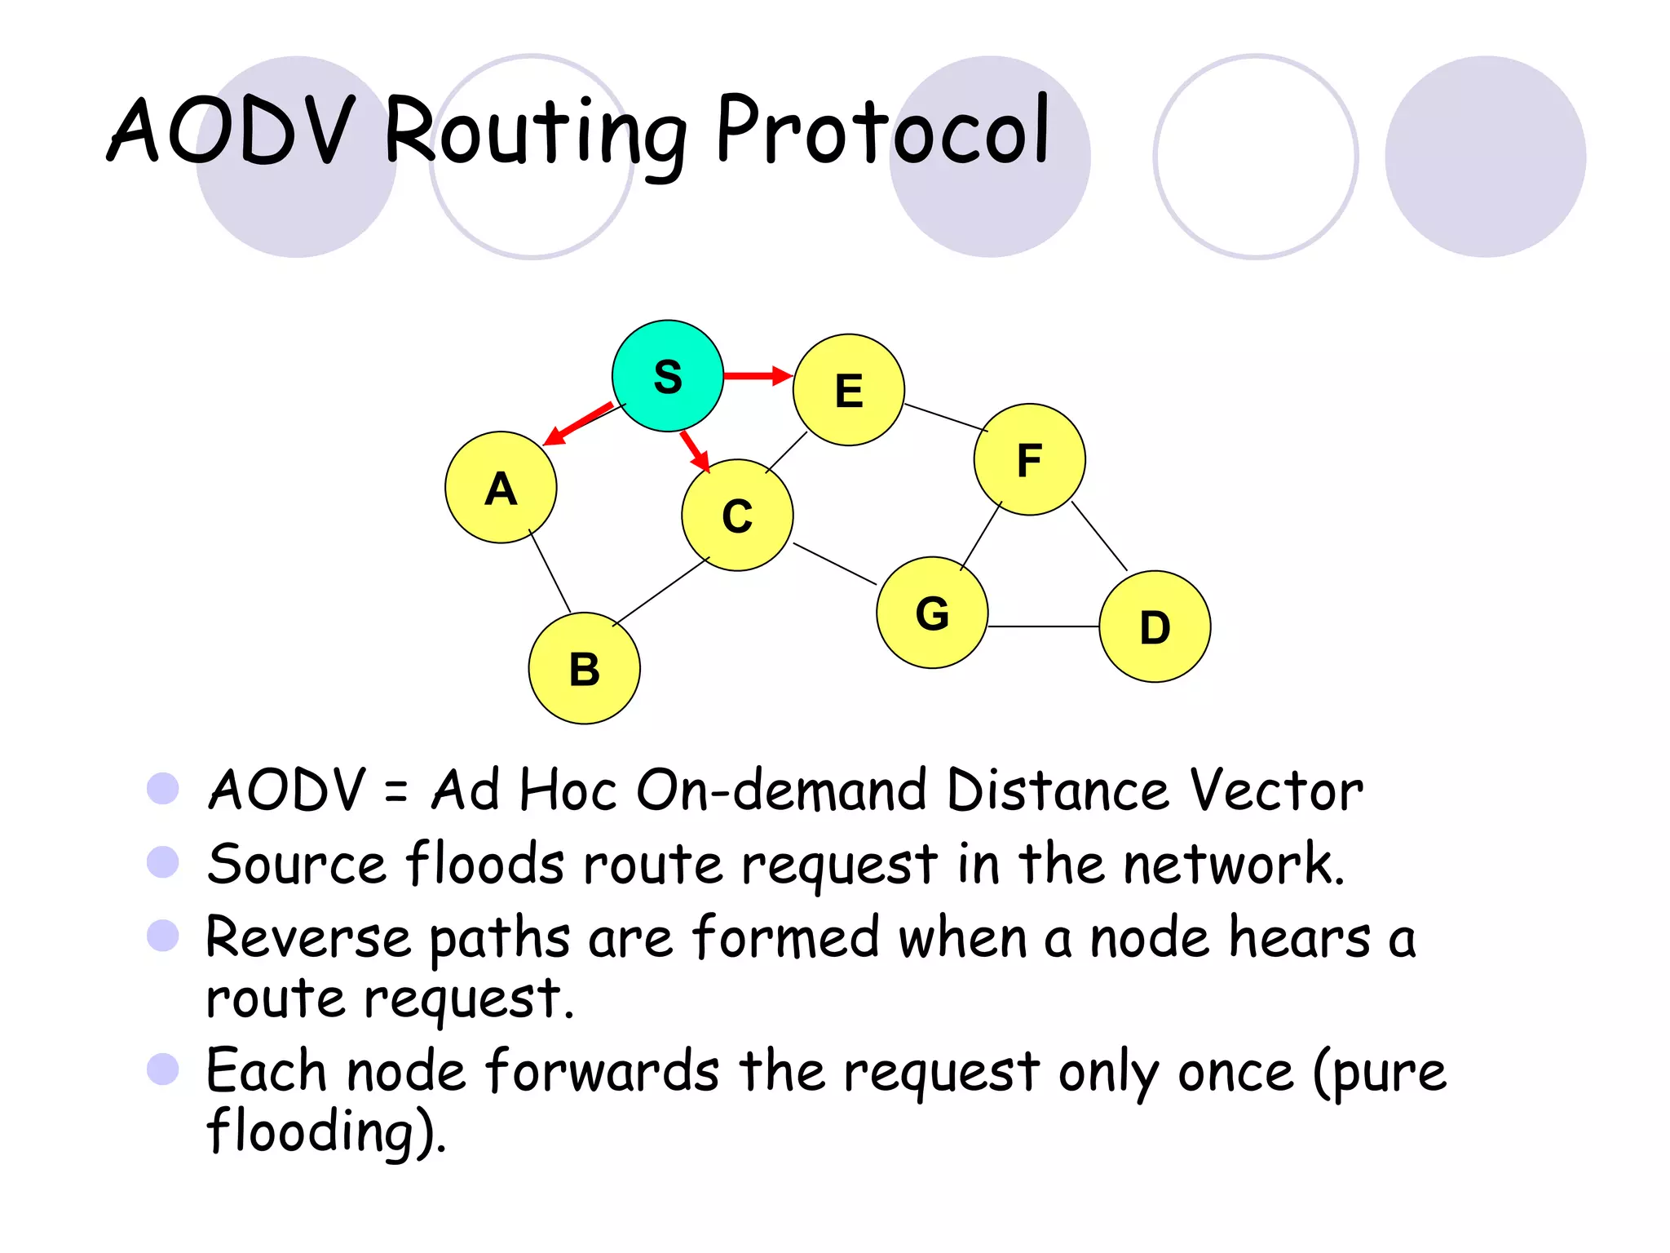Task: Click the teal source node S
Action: click(x=667, y=376)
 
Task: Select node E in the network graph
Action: click(x=848, y=390)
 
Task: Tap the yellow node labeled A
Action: click(x=501, y=488)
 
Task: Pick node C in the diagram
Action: click(x=737, y=516)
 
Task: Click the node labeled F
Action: click(x=1029, y=459)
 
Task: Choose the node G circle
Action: click(x=932, y=613)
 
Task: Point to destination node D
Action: click(x=1155, y=626)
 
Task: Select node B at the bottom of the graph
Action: click(x=584, y=669)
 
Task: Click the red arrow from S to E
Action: click(x=758, y=375)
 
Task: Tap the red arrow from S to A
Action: click(x=577, y=424)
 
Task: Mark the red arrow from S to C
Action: click(x=695, y=451)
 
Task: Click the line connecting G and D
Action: click(x=1044, y=626)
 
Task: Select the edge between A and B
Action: click(x=550, y=571)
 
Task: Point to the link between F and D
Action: click(x=1099, y=536)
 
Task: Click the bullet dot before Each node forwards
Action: click(x=163, y=1069)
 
